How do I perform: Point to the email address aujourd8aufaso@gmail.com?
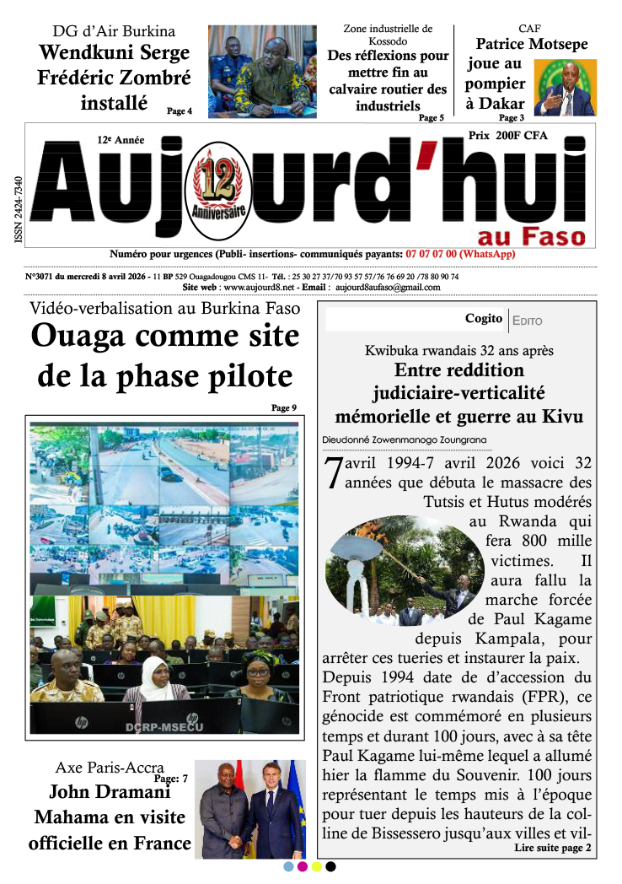coord(388,287)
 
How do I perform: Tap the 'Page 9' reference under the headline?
coord(284,408)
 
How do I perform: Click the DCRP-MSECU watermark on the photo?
coord(164,727)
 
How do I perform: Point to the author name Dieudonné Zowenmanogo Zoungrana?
coord(404,439)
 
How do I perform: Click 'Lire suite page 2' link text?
coord(552,848)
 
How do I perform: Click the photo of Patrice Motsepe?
coord(565,87)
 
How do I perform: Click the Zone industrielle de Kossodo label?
coord(388,35)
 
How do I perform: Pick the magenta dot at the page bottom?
coord(303,866)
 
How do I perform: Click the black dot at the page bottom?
coord(331,866)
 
